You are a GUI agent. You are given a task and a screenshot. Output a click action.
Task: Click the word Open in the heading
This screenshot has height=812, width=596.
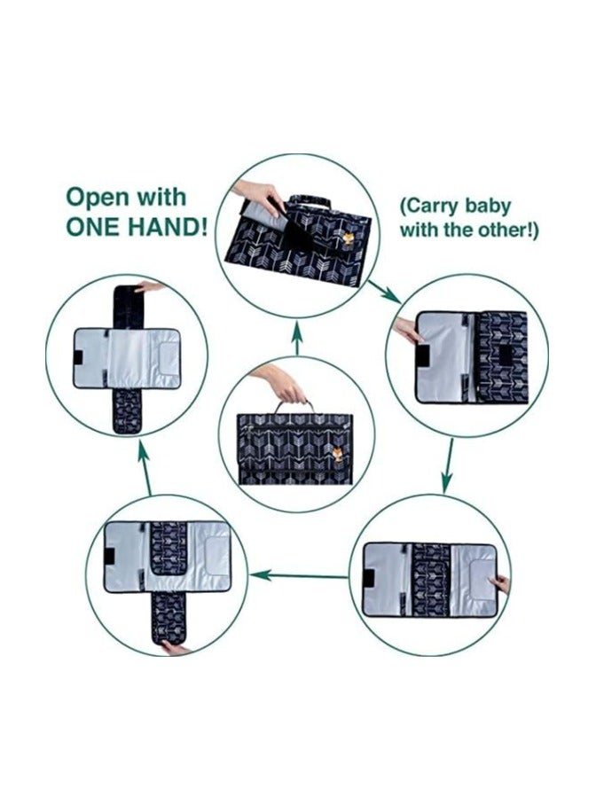(97, 198)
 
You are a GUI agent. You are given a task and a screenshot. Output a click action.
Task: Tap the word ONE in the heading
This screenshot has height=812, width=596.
(93, 226)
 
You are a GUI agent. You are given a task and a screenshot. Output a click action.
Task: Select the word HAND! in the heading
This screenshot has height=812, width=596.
(169, 226)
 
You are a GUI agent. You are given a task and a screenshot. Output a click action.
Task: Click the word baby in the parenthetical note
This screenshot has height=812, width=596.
(487, 207)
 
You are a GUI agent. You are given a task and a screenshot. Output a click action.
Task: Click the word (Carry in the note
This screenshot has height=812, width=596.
(428, 207)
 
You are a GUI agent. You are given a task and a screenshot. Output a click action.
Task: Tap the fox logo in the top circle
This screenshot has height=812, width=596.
(349, 239)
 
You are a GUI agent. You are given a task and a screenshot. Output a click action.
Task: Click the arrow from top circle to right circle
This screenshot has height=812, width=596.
(383, 292)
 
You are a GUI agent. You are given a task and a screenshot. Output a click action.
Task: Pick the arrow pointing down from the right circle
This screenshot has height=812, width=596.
(448, 466)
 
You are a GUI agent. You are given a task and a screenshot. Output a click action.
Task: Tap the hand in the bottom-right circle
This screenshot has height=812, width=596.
(499, 584)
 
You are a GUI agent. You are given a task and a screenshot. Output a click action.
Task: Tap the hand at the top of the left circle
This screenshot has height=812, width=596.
(149, 286)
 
